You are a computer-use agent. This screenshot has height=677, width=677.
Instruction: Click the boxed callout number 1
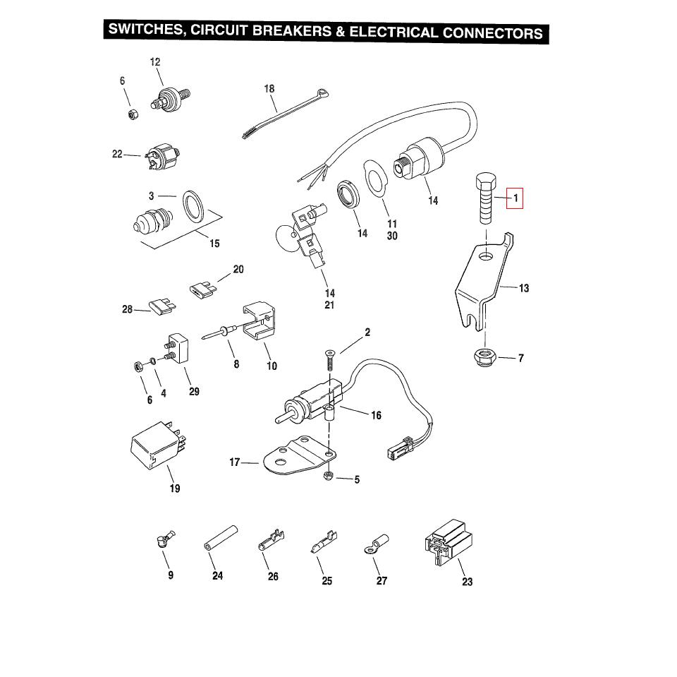click(x=516, y=199)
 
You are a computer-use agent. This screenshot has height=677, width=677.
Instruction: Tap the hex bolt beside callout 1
click(x=486, y=198)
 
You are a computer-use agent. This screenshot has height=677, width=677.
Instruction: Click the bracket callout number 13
click(x=523, y=288)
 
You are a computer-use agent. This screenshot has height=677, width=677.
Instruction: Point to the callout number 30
click(x=392, y=236)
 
